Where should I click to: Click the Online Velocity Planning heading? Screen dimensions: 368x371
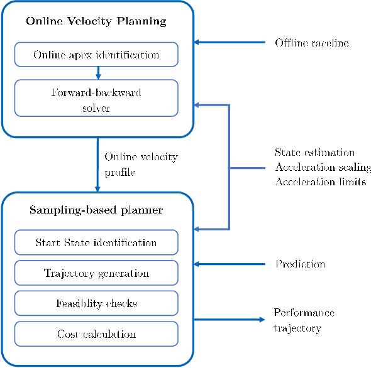[x=96, y=21]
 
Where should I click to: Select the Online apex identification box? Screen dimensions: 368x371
[x=96, y=55]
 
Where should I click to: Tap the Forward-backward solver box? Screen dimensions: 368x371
[x=96, y=99]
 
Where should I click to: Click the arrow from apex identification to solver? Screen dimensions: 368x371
[x=97, y=73]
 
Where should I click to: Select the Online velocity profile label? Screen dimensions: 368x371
[x=141, y=163]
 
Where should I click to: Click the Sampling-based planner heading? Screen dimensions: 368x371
[x=96, y=210]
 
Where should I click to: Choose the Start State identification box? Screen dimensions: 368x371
[x=96, y=242]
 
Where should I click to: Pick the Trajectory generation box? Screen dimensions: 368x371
[x=96, y=273]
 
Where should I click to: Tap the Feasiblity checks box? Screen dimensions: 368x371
[x=96, y=303]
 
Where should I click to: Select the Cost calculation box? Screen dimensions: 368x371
[x=96, y=333]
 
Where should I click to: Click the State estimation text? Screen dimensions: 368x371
[x=314, y=153]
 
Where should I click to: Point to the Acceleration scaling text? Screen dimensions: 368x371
[x=323, y=167]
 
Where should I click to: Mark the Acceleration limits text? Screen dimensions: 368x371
[x=320, y=181]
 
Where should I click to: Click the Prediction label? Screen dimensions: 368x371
[x=300, y=264]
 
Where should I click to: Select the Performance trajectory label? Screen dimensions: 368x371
[x=304, y=320]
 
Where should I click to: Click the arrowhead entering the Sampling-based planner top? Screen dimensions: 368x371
[x=97, y=188]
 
